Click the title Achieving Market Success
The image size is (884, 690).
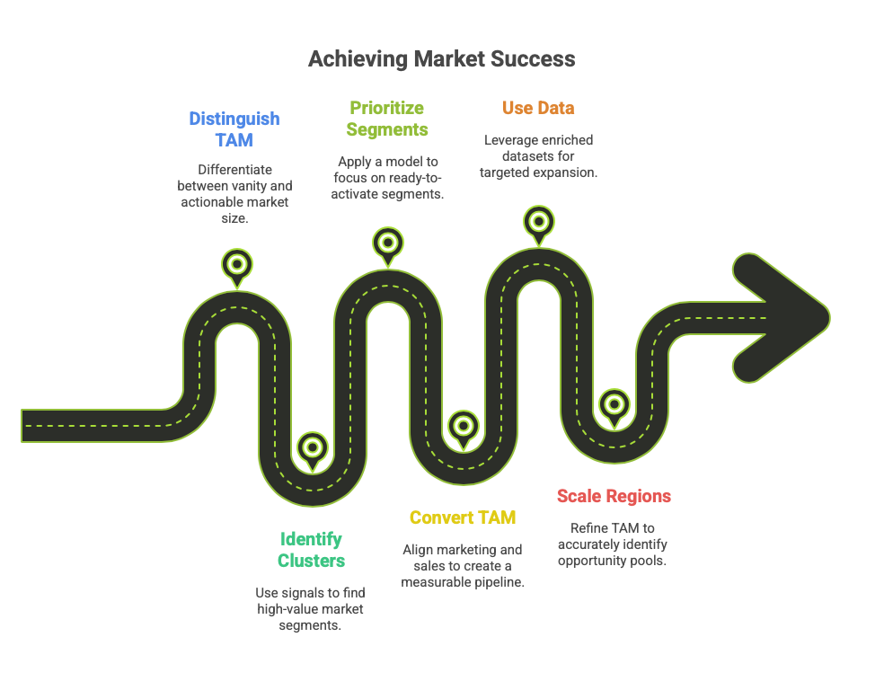point(441,60)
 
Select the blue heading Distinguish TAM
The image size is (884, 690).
point(234,129)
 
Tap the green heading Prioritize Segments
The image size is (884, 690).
point(387,119)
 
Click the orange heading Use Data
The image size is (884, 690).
point(538,109)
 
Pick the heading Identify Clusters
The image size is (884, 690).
point(311,550)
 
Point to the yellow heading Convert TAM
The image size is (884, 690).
point(463,517)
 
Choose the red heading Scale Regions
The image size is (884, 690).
point(614,496)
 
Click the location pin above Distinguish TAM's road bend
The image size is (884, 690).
point(237,265)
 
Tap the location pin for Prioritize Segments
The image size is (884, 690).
point(388,243)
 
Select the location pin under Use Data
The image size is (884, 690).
point(538,221)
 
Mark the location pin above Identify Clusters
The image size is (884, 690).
point(312,447)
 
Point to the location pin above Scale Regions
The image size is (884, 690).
point(614,404)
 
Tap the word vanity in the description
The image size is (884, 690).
point(248,186)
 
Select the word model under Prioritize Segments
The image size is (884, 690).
point(397,163)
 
